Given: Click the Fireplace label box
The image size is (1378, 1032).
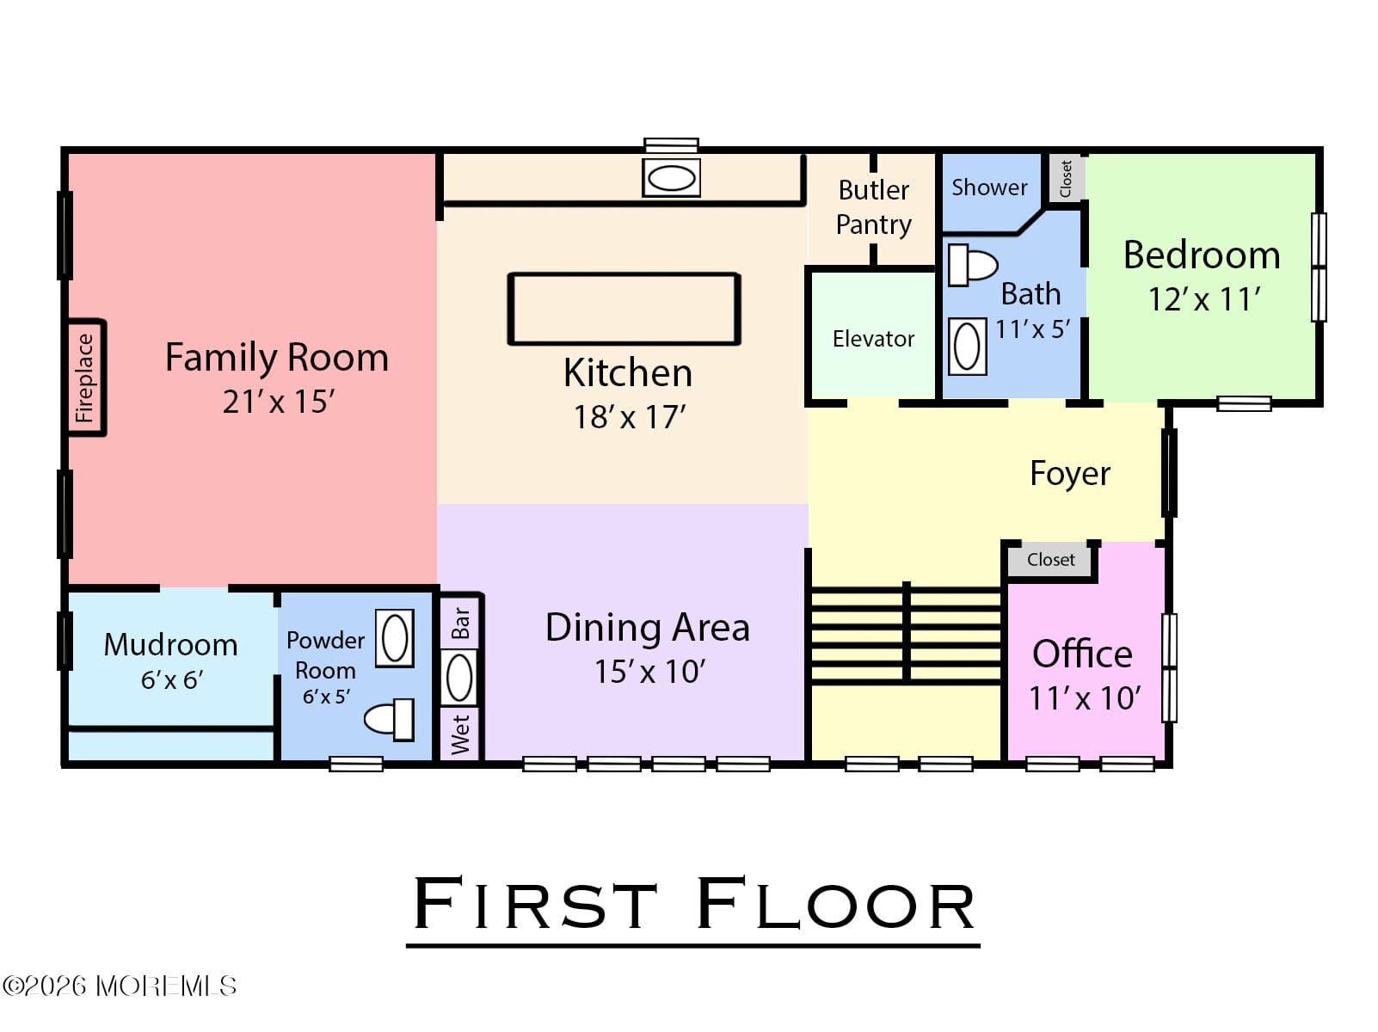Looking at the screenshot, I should point(85,378).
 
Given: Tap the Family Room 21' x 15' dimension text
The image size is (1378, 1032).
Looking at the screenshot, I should point(278,402).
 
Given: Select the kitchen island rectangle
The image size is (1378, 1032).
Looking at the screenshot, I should point(624,309).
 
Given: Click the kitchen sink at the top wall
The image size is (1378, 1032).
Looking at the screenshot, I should point(671,178).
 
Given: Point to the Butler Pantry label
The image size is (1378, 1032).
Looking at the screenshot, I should point(873,207).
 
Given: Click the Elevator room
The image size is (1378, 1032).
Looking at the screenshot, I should point(872,339).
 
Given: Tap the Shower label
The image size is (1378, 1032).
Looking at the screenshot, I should point(988,187).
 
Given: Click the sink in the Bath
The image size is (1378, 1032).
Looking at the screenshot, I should point(967,347).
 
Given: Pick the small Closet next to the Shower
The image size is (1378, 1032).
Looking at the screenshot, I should point(1065,179).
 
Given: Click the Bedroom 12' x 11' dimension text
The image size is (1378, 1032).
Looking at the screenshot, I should point(1203,299).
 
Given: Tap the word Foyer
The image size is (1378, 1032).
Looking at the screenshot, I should point(1069,474).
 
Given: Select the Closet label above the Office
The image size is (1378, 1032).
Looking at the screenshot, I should point(1050,560).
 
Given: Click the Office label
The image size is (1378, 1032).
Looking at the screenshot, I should point(1082,654).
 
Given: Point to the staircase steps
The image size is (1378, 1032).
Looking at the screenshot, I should point(906,635).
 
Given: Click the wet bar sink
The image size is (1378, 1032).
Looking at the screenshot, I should point(459,677).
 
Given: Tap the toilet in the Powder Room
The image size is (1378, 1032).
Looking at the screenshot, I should point(390,719).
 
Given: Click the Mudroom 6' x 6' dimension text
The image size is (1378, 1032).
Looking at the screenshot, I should point(171,680).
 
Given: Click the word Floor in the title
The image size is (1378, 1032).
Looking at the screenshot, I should point(835,905).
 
